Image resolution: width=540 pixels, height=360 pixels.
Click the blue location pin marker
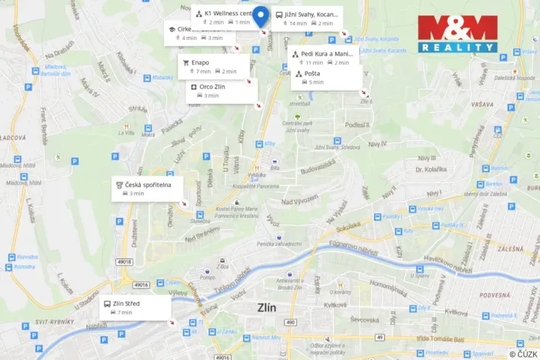261,16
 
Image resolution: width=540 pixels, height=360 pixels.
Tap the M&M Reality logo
458,34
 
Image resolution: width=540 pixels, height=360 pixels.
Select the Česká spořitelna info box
149,188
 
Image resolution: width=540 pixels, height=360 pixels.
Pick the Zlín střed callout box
135,308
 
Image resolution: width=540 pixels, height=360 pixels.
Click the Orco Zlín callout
222,91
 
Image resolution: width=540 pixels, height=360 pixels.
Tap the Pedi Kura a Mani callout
324,58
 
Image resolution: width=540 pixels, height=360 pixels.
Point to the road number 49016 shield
141,285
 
